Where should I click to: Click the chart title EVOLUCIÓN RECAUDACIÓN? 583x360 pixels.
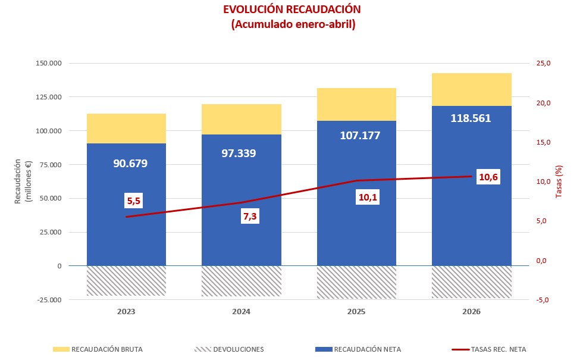point(292,10)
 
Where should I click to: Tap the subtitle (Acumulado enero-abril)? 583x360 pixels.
point(293,24)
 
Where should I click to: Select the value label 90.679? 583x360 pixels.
point(130,163)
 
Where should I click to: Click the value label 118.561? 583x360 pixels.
point(471,118)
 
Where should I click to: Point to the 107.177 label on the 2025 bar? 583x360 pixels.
point(360,136)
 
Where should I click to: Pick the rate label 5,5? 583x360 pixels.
point(134,201)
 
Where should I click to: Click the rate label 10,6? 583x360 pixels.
point(488,177)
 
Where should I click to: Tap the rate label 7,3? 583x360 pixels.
point(250,216)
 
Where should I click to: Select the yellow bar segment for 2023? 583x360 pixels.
point(126,129)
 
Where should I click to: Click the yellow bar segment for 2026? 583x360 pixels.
point(471,90)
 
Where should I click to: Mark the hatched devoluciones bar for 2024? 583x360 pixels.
point(242,281)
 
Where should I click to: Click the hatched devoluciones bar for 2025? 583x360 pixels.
point(356,282)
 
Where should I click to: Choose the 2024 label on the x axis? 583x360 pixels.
point(242,312)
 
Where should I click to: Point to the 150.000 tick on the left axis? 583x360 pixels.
point(49,63)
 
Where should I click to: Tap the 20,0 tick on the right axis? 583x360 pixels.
point(543,103)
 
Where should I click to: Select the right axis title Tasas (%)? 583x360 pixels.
point(559,181)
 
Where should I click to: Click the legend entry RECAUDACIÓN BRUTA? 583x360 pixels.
point(98,349)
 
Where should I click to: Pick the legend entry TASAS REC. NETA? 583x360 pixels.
point(489,349)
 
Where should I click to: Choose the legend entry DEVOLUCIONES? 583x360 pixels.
point(229,349)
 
